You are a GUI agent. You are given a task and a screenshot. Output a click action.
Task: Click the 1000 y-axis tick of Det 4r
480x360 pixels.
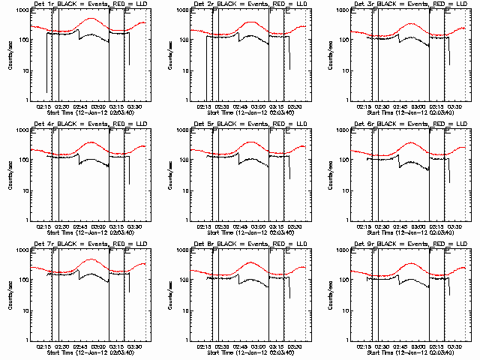coord(22,130)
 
